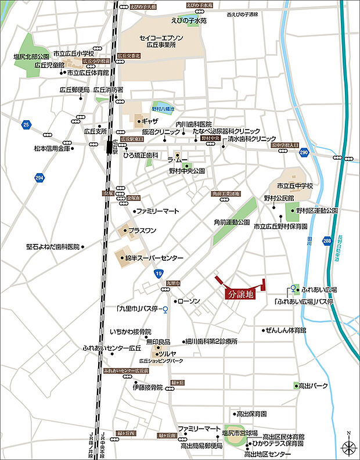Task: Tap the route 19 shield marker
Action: coord(158,273)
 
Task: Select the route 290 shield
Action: coord(304,152)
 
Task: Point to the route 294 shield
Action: coord(39,177)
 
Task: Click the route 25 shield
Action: coord(26,124)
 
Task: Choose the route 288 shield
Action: coord(327,239)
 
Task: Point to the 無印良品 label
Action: coord(157,342)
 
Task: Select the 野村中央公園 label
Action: coord(188,171)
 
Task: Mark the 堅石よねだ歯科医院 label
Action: coord(52,246)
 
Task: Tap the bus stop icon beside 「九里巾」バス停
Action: coord(165,309)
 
